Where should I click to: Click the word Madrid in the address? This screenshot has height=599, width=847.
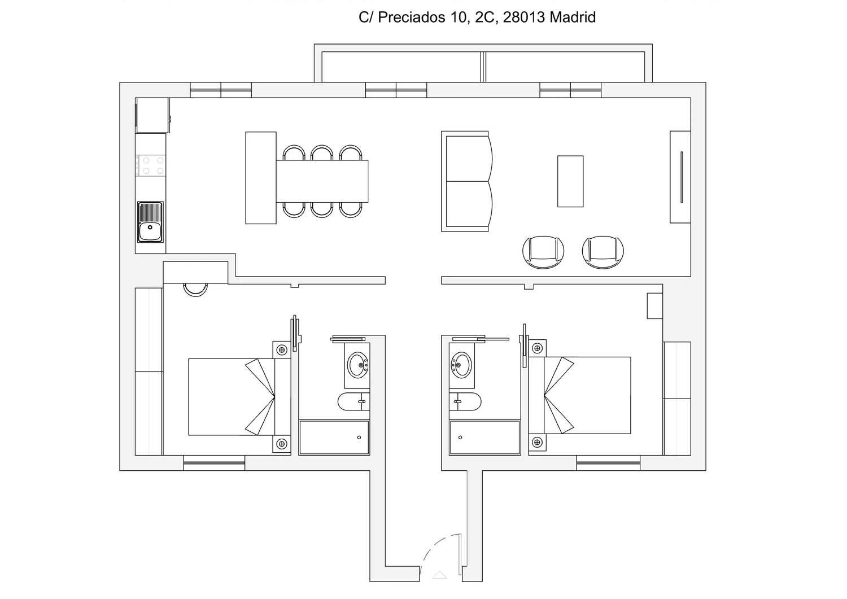573,17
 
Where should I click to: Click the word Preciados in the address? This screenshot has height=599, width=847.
412,18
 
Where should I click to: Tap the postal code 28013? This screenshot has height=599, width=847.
524,17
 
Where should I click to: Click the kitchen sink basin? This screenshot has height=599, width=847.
150,231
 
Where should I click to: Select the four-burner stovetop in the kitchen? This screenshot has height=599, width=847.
151,165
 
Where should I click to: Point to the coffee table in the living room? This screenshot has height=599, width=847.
570,182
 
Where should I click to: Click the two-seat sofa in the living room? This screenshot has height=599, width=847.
467,182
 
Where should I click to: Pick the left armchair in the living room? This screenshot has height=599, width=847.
543,252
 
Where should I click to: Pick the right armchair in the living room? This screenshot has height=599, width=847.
602,252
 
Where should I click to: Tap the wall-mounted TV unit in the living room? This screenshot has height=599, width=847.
680,177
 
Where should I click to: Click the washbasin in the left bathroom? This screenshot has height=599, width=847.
357,365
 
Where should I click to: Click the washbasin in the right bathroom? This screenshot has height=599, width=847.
461,365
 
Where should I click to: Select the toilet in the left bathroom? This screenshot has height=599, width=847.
353,401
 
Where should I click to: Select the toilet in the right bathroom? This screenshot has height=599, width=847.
465,401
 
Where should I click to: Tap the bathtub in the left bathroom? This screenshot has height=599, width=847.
334,437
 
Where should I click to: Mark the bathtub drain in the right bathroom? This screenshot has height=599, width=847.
460,438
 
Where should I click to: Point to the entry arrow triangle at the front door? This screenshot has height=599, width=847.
440,575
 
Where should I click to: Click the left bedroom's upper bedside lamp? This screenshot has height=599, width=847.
282,350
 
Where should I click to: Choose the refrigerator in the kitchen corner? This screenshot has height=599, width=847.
152,115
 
